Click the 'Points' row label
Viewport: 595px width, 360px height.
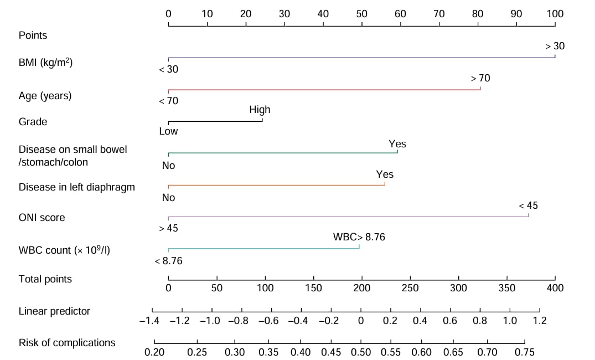coord(33,35)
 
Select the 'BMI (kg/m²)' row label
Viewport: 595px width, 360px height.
coord(46,62)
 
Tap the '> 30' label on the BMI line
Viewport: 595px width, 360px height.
coord(555,47)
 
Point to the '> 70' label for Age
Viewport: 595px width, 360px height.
coord(480,79)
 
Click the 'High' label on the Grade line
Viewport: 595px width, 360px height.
coord(260,110)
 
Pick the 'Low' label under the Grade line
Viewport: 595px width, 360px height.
coord(168,132)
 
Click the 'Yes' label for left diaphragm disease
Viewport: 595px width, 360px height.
coord(385,174)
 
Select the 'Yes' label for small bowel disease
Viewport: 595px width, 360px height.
coord(397,144)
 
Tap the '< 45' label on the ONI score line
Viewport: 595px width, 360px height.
coord(528,206)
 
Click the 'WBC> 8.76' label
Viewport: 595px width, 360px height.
coord(359,237)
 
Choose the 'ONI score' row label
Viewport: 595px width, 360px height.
coord(42,218)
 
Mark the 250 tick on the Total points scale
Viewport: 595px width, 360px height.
coord(410,288)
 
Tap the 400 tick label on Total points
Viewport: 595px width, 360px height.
coord(555,288)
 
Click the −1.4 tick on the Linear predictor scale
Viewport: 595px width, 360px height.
coord(152,321)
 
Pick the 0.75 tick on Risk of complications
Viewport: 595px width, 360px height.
coord(524,352)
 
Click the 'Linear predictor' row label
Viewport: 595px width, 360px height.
coord(54,311)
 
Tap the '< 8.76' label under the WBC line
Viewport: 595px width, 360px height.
coord(169,260)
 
